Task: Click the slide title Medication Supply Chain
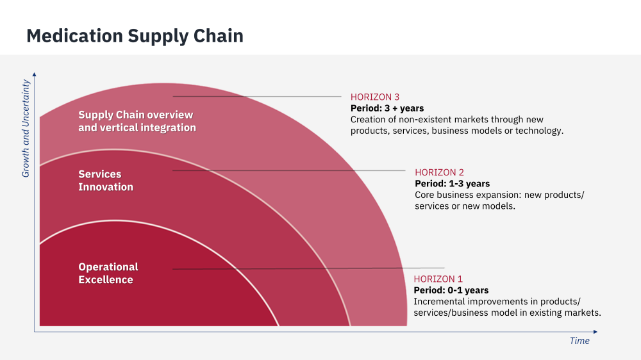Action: (x=135, y=35)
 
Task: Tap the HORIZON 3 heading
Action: (x=375, y=97)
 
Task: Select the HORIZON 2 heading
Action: (x=439, y=172)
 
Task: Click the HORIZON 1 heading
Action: (x=438, y=279)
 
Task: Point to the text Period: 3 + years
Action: (x=387, y=108)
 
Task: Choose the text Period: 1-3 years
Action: (x=452, y=184)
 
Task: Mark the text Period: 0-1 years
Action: (x=451, y=290)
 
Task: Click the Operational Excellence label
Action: (x=108, y=274)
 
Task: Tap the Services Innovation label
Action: (x=106, y=181)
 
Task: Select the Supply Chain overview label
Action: (x=137, y=121)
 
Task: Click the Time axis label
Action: (x=579, y=341)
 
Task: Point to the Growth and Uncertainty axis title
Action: (x=26, y=128)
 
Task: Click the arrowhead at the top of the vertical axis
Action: (x=34, y=74)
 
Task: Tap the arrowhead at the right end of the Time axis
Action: (x=595, y=332)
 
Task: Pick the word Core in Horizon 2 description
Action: (x=426, y=195)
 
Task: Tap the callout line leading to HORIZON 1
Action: (x=308, y=268)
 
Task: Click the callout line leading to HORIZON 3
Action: (x=256, y=97)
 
